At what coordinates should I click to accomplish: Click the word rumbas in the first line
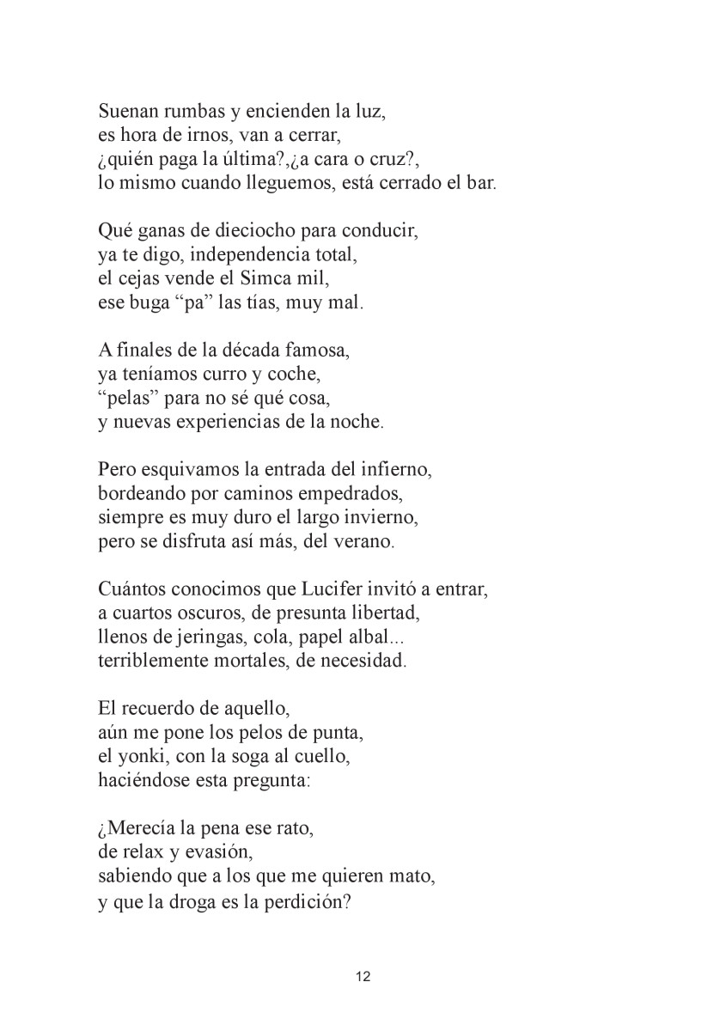(179, 112)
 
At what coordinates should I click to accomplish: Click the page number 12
(363, 976)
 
